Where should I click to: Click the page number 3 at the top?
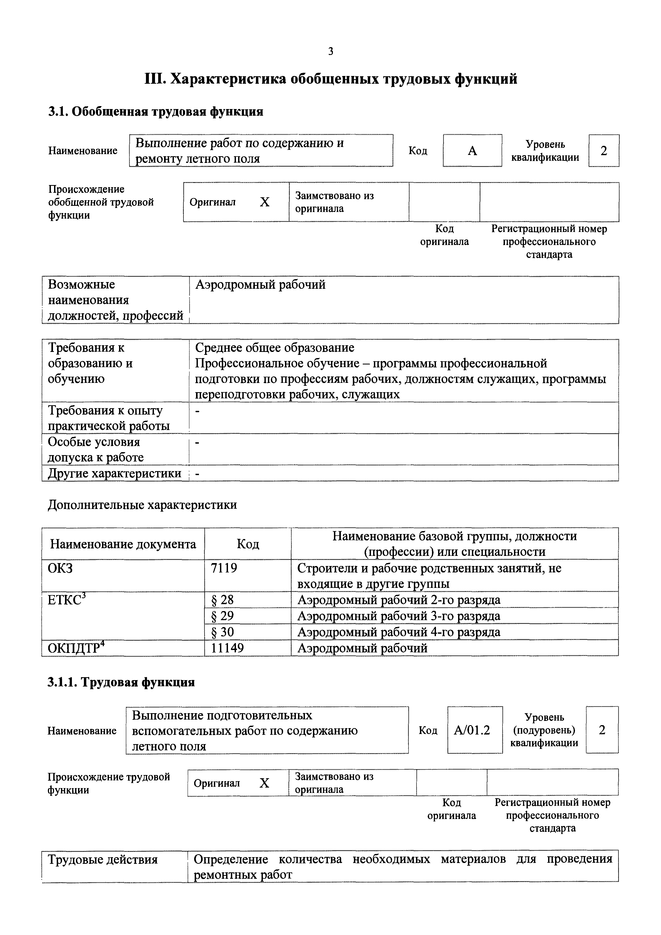tap(330, 51)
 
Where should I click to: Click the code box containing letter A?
tap(472, 151)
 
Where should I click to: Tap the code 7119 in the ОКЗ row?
tap(224, 568)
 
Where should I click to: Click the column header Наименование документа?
tap(123, 544)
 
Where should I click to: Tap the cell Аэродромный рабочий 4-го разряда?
tap(399, 632)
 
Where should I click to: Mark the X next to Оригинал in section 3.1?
tap(264, 202)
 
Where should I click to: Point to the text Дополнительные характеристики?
tap(142, 505)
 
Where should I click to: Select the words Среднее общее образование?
tap(275, 347)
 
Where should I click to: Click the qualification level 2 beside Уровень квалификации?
tap(604, 151)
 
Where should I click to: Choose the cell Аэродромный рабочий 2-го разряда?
tap(399, 600)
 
